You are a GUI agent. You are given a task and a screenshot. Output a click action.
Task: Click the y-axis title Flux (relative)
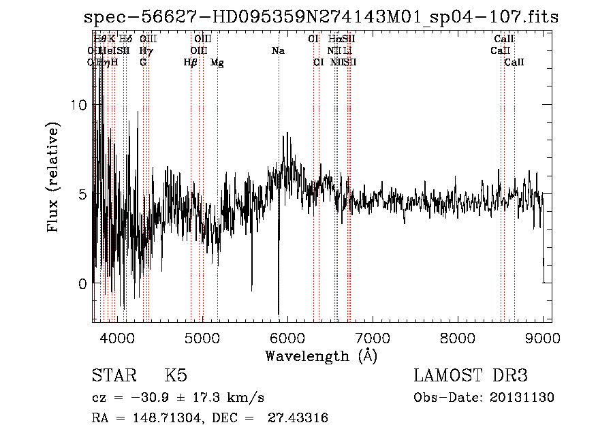pos(54,177)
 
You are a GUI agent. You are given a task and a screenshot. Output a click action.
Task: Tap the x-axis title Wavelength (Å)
pos(321,356)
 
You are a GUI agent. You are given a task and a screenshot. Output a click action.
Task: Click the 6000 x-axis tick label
pos(287,338)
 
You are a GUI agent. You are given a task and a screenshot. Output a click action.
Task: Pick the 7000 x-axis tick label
pos(373,338)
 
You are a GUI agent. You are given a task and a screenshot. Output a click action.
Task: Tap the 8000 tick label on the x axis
pos(458,338)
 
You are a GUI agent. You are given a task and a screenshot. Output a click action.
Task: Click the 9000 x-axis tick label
pos(543,338)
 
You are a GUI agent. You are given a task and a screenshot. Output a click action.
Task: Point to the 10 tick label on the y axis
pos(79,106)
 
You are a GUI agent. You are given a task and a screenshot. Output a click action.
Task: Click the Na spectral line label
pos(277,50)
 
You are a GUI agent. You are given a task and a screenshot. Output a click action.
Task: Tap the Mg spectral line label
pos(217,63)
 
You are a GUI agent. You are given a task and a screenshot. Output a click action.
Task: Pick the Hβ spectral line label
pos(190,63)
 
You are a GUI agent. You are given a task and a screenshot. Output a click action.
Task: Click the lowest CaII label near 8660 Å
pos(514,63)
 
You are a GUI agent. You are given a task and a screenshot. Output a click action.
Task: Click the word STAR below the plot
pos(112,376)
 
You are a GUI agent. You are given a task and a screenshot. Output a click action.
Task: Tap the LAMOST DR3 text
pos(471,376)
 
